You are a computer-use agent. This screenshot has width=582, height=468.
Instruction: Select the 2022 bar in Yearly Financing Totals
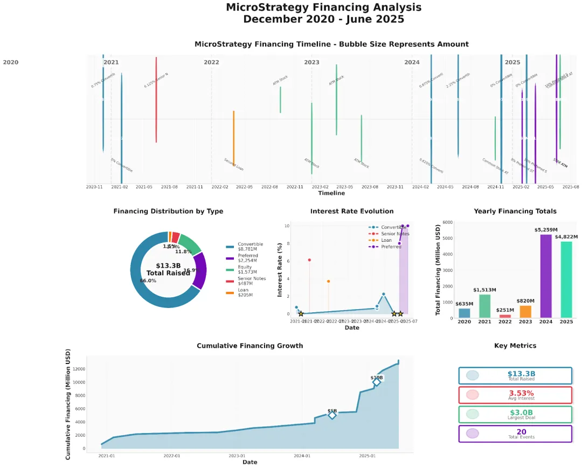pos(505,316)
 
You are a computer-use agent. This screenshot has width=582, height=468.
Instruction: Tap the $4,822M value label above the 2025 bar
pos(566,236)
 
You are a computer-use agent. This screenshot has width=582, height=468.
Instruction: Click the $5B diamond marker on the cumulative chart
pos(332,415)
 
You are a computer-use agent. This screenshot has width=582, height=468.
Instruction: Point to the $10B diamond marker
pos(377,382)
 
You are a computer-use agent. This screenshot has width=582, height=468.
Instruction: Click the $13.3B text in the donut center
pos(168,266)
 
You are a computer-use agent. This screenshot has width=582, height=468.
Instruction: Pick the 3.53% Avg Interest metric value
pos(521,393)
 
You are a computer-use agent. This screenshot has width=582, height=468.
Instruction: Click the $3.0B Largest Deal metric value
pos(521,413)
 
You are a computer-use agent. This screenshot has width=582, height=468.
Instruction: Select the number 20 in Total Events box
pos(521,432)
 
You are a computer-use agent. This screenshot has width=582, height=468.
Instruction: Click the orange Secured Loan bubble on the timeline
pos(233,138)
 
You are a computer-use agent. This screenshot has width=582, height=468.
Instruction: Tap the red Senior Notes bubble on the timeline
pos(156,100)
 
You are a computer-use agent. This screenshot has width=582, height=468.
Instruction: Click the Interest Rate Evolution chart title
pos(352,211)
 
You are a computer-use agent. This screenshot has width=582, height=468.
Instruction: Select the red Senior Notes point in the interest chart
pos(309,260)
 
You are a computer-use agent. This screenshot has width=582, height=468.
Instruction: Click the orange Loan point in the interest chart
pos(328,281)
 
